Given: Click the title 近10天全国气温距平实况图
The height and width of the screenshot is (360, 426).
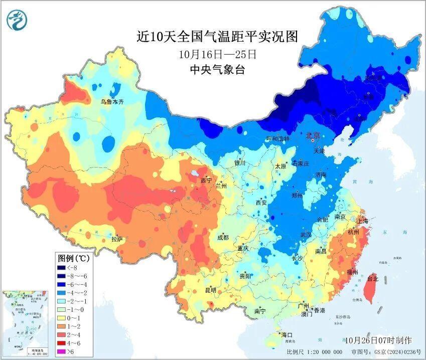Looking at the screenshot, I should pos(217,37).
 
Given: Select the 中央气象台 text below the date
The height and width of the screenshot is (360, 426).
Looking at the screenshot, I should pos(217,70).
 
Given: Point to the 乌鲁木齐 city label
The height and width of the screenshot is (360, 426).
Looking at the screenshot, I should pos(111,101).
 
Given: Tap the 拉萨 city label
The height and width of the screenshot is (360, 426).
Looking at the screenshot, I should pos(117,239).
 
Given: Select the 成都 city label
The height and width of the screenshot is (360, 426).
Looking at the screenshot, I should pos(223,237).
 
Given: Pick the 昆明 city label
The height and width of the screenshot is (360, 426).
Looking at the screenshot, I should pos(210,290).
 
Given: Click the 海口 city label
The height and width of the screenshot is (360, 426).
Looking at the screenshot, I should pos(287,334).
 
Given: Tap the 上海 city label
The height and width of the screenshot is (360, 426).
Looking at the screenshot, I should pos(362,221).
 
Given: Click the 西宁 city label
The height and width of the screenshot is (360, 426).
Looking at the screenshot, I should pos(206,180).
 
